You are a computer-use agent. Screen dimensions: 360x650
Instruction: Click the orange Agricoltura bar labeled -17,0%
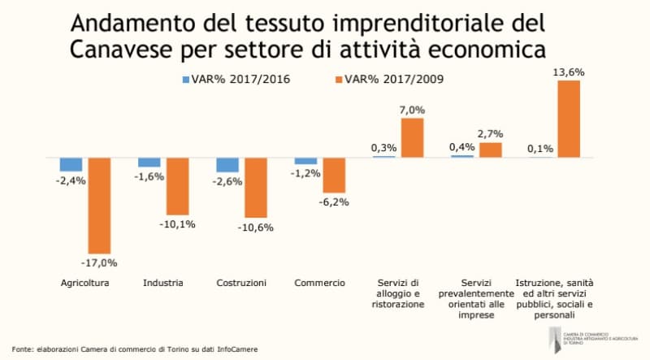[99, 205]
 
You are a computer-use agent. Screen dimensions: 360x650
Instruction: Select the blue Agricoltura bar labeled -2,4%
[71, 164]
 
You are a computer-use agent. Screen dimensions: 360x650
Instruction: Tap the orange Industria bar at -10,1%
[177, 185]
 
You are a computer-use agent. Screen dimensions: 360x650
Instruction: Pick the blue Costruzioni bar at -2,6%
[227, 165]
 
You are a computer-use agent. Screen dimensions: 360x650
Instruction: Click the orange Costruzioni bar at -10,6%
[256, 187]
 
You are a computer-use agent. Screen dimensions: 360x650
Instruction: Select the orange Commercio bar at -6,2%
[334, 175]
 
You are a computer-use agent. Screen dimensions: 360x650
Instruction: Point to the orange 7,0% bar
[412, 137]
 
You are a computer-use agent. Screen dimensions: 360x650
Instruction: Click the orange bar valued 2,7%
[490, 150]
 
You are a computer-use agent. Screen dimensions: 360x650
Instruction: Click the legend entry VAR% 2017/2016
[235, 80]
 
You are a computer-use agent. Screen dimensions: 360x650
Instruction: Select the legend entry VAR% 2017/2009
[391, 80]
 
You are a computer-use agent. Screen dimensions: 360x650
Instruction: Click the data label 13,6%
[568, 72]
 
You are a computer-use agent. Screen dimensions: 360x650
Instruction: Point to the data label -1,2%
[305, 173]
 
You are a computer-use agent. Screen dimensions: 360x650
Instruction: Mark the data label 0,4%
[461, 146]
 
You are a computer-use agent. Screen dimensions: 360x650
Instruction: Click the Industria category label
[162, 283]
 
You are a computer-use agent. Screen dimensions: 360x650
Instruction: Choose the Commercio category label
[319, 283]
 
